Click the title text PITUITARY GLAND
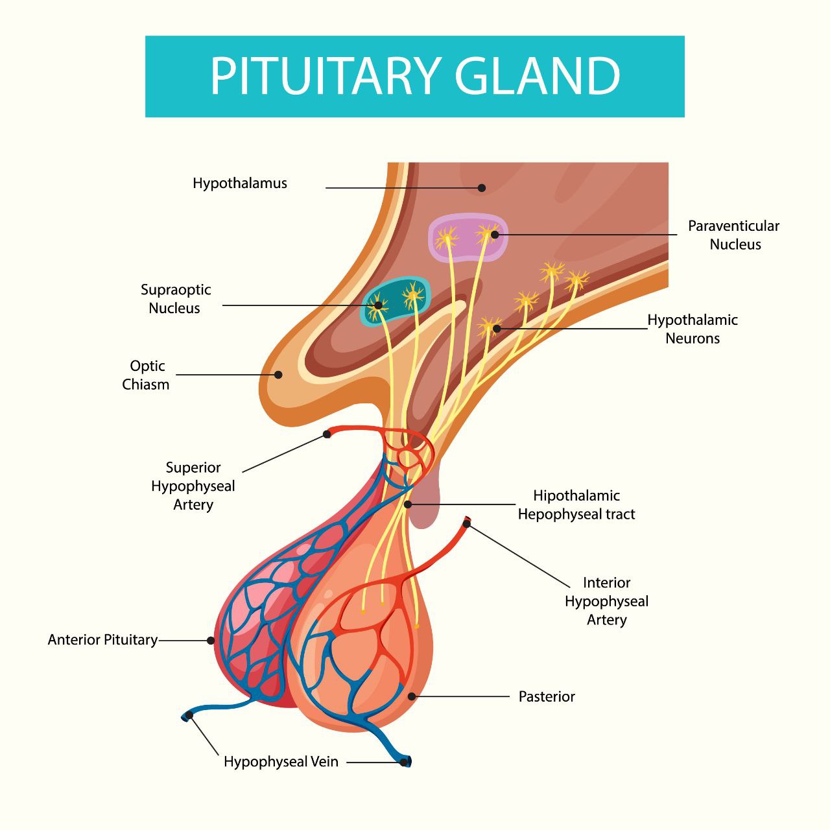pos(415,76)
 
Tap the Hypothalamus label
pos(240,184)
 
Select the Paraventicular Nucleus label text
pos(734,235)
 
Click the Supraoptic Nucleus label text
pos(176,299)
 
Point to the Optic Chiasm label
pos(147,375)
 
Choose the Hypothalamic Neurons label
pos(693,329)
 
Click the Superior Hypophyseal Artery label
pos(193,486)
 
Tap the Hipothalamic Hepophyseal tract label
pos(576,504)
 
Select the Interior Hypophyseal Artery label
pos(606,601)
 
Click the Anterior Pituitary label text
pos(103,640)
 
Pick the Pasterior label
pos(547,696)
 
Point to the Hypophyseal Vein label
pos(281,761)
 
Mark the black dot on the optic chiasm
pos(278,375)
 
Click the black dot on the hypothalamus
pos(482,188)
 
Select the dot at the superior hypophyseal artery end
pos(327,434)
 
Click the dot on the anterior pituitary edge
pos(211,641)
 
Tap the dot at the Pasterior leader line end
pos(411,696)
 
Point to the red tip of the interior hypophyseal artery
pos(466,522)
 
